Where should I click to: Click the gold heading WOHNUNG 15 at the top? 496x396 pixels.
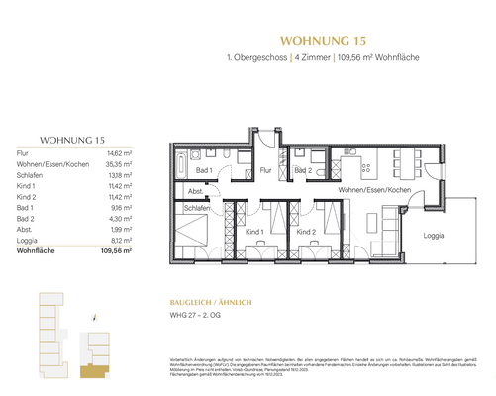[x=325, y=42]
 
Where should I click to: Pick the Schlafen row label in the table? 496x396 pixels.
[x=33, y=176]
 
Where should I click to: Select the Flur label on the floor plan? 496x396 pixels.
[x=266, y=169]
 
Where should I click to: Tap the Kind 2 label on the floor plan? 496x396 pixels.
[x=306, y=232]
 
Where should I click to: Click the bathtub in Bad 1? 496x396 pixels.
[x=192, y=158]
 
